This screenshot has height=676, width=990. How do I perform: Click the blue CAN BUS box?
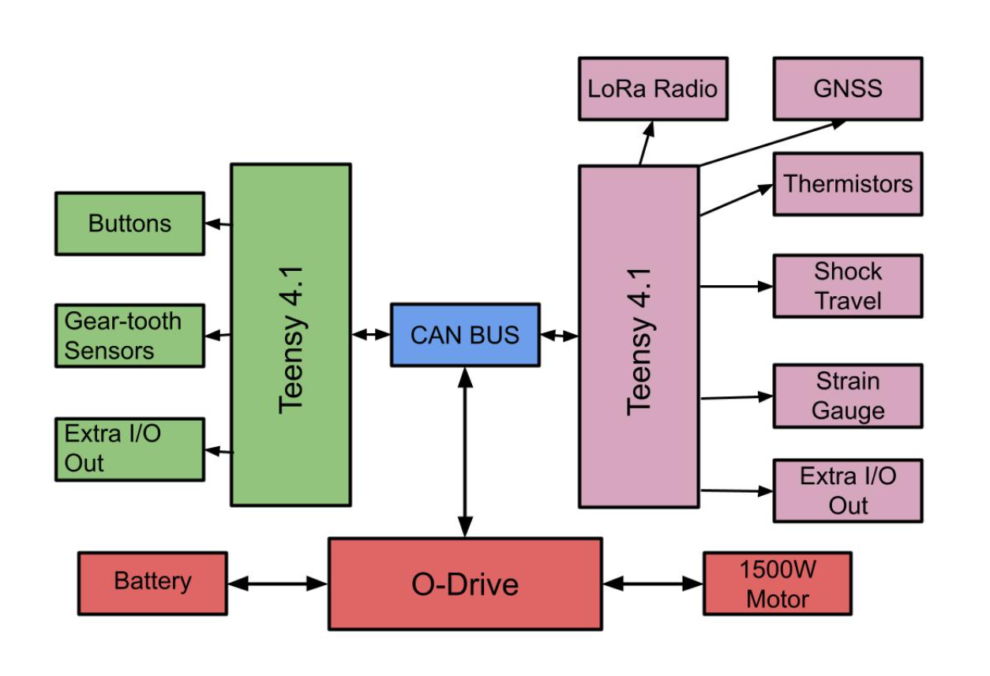pos(465,335)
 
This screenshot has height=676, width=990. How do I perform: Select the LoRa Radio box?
pos(653,88)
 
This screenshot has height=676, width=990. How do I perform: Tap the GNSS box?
pos(847,88)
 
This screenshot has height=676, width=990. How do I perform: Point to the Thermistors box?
pos(847,184)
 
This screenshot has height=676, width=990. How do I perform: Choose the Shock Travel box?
pos(847,286)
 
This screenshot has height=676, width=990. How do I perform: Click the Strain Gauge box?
pos(847,396)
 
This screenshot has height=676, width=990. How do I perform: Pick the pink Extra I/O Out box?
pos(847,490)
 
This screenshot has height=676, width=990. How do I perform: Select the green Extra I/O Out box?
pos(129,449)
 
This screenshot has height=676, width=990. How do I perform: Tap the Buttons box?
pos(129,223)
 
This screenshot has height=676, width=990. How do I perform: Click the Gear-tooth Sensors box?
pos(129,336)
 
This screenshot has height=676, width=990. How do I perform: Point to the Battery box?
pos(152,583)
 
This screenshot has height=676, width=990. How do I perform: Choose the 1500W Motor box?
pos(777,584)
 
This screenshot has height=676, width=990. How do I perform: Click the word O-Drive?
pos(465,584)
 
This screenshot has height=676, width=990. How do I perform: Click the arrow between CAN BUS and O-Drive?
pos(465,452)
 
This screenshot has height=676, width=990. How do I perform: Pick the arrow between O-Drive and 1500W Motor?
pos(652,584)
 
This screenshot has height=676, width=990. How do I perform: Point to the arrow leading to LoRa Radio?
pos(646,143)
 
